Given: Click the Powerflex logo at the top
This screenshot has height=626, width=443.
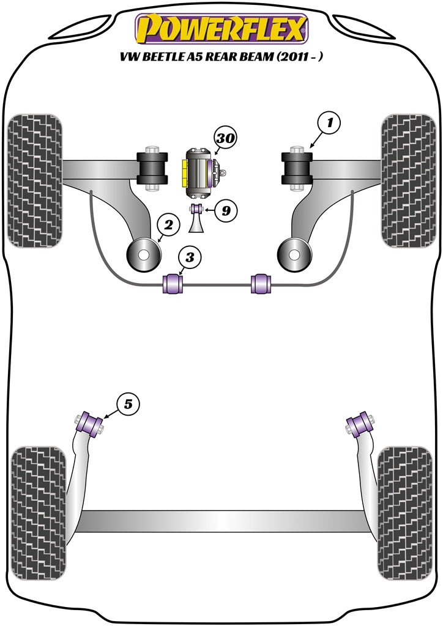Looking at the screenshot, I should [x=221, y=29].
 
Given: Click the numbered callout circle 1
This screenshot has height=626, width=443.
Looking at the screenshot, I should [x=329, y=123].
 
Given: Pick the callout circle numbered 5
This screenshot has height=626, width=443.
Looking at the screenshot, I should [x=128, y=403].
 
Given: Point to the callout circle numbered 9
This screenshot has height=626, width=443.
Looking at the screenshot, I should [x=226, y=211].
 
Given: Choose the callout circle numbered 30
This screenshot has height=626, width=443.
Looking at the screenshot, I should [x=225, y=139].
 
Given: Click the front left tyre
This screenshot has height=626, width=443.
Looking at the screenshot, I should [x=35, y=180].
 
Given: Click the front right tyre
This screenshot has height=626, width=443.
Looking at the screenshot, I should [x=407, y=180].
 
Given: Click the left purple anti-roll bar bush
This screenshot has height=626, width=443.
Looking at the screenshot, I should [x=172, y=283].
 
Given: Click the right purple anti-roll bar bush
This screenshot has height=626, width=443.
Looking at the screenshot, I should [x=261, y=283].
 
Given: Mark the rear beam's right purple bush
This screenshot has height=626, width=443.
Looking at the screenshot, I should [x=357, y=424].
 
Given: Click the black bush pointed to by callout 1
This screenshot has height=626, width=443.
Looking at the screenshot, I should [x=297, y=167].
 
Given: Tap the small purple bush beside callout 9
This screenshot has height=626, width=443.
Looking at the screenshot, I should [x=198, y=210].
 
